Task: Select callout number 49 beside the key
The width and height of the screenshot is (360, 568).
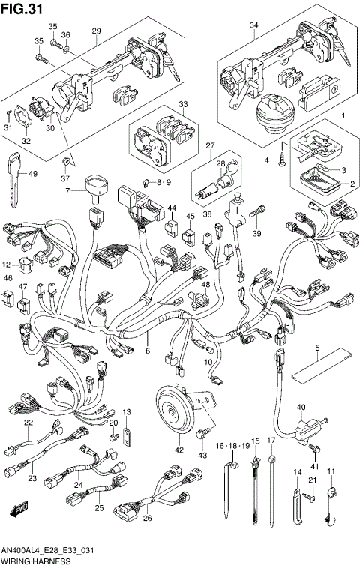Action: tap(32, 174)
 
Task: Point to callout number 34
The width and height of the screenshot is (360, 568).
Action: tap(253, 25)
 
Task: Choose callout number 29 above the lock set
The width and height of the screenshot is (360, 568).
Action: tap(96, 31)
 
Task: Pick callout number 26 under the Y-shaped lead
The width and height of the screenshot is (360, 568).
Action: tap(148, 517)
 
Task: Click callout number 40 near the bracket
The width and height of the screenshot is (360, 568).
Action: tap(301, 408)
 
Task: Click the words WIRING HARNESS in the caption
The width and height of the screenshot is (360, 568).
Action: tap(36, 561)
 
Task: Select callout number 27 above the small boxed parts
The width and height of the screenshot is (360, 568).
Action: tap(210, 146)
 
